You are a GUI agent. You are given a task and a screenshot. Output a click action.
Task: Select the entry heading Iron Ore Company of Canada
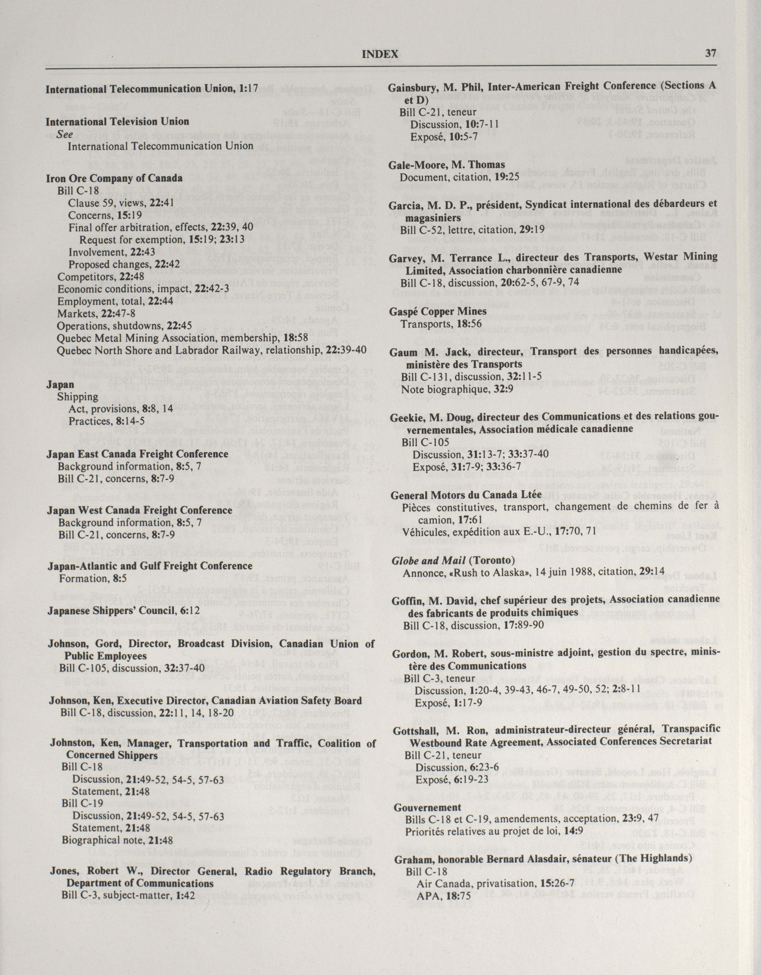pos(114,178)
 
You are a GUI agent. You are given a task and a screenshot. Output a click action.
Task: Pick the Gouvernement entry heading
pos(427,807)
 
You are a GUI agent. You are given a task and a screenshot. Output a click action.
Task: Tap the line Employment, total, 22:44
pos(115,301)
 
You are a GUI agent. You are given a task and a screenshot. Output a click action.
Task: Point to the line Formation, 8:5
pos(93,579)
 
